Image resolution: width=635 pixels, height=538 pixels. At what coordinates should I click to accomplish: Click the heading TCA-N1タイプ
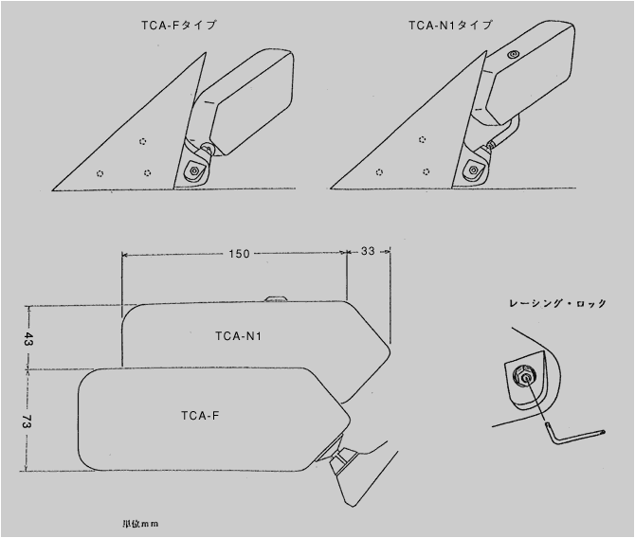[x=450, y=26]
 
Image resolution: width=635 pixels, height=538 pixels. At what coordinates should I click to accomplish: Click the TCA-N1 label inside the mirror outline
[x=240, y=337]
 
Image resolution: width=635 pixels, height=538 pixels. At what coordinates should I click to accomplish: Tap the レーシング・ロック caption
[x=557, y=303]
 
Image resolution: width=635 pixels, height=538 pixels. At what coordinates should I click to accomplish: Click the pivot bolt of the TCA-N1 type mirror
[x=471, y=170]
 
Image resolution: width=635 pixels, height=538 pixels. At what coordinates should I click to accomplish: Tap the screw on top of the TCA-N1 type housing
[x=513, y=55]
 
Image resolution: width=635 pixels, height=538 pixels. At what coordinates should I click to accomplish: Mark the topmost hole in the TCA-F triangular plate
[x=142, y=142]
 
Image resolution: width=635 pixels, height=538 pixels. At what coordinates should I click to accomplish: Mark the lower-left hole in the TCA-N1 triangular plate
[x=379, y=172]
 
